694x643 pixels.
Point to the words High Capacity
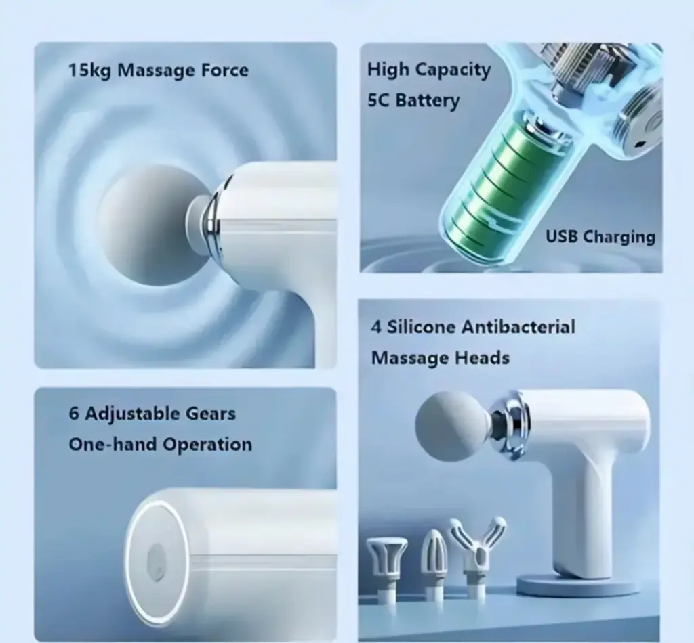coord(429,70)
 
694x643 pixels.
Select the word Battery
coord(427,100)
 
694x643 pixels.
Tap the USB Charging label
coord(600,237)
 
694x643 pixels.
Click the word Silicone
coord(420,327)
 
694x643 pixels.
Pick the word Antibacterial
coord(518,327)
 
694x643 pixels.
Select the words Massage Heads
coord(441,358)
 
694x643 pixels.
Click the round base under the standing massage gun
coord(577,584)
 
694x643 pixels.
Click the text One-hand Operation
coord(160,444)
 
